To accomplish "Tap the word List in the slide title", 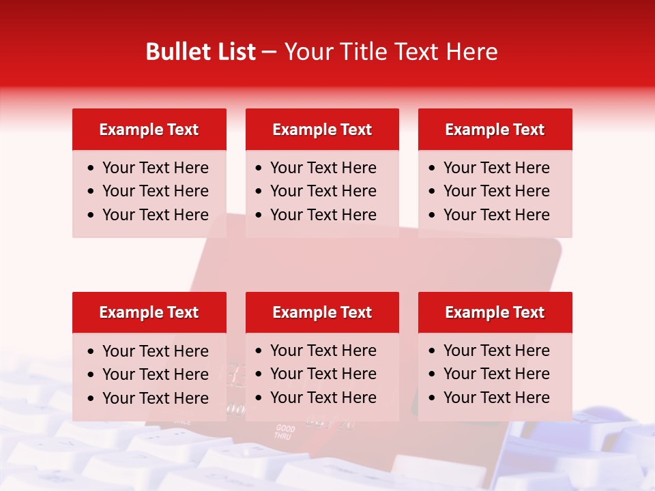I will click(236, 52).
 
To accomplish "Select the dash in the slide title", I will click(269, 53).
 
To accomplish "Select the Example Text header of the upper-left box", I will click(149, 130).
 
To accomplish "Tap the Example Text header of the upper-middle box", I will click(322, 130).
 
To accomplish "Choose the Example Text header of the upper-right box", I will click(495, 130).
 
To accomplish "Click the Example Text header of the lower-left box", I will click(149, 312).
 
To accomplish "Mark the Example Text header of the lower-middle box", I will click(322, 312).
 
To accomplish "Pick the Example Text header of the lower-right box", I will click(495, 312).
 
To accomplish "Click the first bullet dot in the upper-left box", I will click(91, 168).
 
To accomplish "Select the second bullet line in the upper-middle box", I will click(323, 191).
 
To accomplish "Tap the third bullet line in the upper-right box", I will click(496, 215).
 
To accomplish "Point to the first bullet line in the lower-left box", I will click(155, 351).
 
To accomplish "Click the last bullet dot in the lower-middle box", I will click(259, 398).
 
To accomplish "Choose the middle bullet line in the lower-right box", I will click(496, 374).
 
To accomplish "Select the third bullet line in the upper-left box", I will click(155, 215).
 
